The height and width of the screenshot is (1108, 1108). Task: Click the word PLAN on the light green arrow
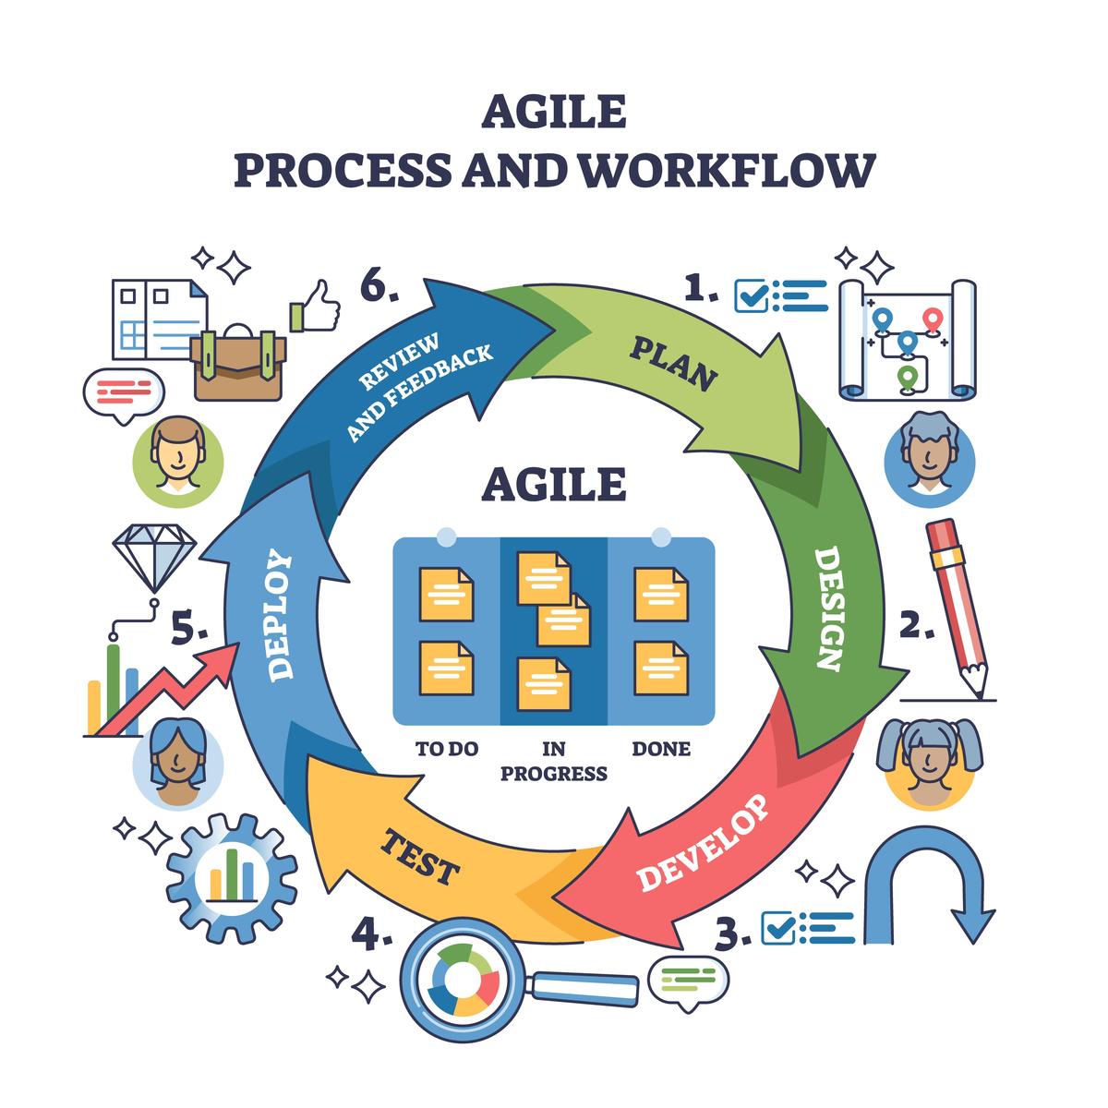(673, 364)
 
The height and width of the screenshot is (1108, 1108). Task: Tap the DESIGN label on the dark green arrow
(828, 608)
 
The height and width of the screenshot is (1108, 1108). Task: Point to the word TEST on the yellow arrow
(420, 857)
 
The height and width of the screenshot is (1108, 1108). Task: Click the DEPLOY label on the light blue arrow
(280, 615)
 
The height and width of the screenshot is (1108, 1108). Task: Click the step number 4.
(371, 933)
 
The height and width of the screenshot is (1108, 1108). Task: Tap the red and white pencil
(957, 608)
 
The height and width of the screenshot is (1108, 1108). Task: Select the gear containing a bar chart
(232, 878)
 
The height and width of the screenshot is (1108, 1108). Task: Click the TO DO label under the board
(447, 749)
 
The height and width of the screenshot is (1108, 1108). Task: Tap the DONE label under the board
(661, 749)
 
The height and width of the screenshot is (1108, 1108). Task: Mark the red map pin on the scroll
(933, 320)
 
